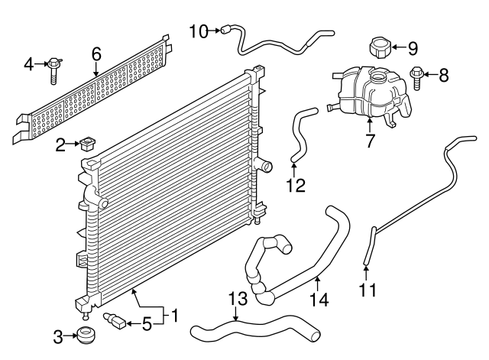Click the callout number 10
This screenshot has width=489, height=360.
[198, 31]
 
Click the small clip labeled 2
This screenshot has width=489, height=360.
[88, 143]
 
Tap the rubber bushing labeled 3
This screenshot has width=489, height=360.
[86, 335]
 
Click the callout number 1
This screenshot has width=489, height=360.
[174, 315]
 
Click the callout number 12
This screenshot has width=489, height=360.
[295, 185]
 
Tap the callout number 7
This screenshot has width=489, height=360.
[370, 141]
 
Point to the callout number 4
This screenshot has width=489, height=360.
[29, 63]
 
